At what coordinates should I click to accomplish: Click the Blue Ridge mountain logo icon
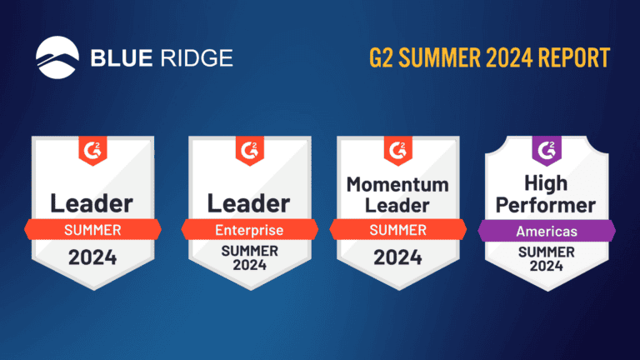pyautogui.click(x=59, y=57)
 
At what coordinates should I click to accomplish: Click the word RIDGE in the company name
pyautogui.click(x=197, y=58)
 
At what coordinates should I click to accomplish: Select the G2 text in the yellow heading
pyautogui.click(x=382, y=58)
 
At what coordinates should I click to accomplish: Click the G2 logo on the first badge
pyautogui.click(x=92, y=151)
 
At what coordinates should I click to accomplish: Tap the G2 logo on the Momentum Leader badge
pyautogui.click(x=397, y=151)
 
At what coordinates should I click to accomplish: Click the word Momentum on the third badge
pyautogui.click(x=397, y=183)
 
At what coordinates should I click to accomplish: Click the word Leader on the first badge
pyautogui.click(x=92, y=202)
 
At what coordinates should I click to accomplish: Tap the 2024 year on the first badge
pyautogui.click(x=92, y=257)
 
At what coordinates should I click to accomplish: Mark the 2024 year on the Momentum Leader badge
pyautogui.click(x=397, y=257)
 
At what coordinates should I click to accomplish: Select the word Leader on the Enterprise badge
pyautogui.click(x=248, y=202)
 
